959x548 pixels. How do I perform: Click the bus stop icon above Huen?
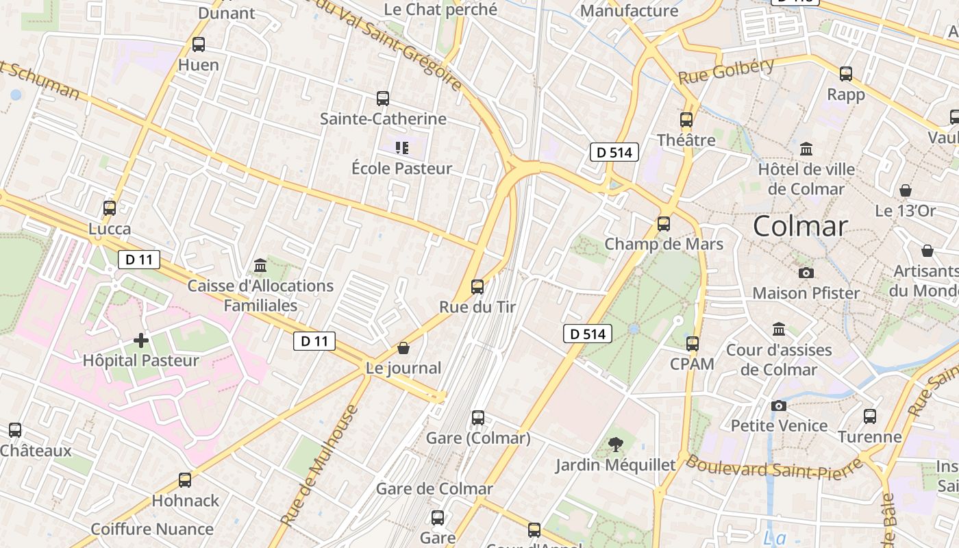[199, 45]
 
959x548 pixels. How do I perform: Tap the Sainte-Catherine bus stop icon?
[383, 99]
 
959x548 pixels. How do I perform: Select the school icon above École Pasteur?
[402, 147]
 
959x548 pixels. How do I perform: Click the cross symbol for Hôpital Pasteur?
[141, 340]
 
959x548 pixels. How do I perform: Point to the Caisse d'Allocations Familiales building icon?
[260, 265]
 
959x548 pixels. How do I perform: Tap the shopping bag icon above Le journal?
[403, 348]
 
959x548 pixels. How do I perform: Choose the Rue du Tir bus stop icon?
[477, 286]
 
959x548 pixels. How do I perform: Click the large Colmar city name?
[800, 226]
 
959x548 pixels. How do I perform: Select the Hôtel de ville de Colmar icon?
[806, 149]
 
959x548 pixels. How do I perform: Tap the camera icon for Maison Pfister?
[806, 273]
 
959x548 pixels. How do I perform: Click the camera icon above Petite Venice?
[778, 406]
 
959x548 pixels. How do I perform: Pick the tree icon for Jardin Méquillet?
[616, 445]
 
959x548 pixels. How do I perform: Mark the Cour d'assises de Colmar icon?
[778, 329]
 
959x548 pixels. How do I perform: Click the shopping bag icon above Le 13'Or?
[906, 190]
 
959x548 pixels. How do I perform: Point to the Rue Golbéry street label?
[726, 71]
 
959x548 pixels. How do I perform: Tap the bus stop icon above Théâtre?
[686, 120]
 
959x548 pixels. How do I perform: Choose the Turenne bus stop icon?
[870, 416]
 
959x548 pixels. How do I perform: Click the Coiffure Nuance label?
[152, 529]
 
